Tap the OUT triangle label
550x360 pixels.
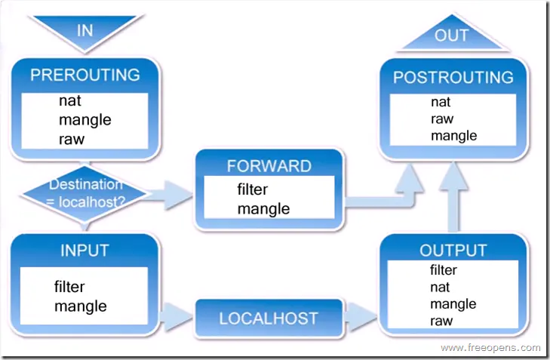click(x=451, y=35)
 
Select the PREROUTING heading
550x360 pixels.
click(x=84, y=75)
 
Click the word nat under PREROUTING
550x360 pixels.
click(x=69, y=100)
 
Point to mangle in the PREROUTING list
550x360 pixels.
click(x=84, y=119)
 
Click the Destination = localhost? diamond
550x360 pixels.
click(x=84, y=192)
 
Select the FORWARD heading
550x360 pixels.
click(x=269, y=166)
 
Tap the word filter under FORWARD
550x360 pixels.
click(x=252, y=189)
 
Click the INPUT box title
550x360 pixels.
click(x=84, y=251)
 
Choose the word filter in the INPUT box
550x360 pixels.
click(x=69, y=287)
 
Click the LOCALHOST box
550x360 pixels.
click(x=268, y=318)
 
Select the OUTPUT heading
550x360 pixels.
click(x=453, y=251)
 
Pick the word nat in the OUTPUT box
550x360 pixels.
click(x=440, y=287)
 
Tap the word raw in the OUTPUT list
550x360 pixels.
click(x=441, y=321)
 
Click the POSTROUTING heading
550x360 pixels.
click(x=453, y=78)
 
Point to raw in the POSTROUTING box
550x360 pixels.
click(x=442, y=118)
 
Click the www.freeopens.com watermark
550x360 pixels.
click(x=490, y=348)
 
